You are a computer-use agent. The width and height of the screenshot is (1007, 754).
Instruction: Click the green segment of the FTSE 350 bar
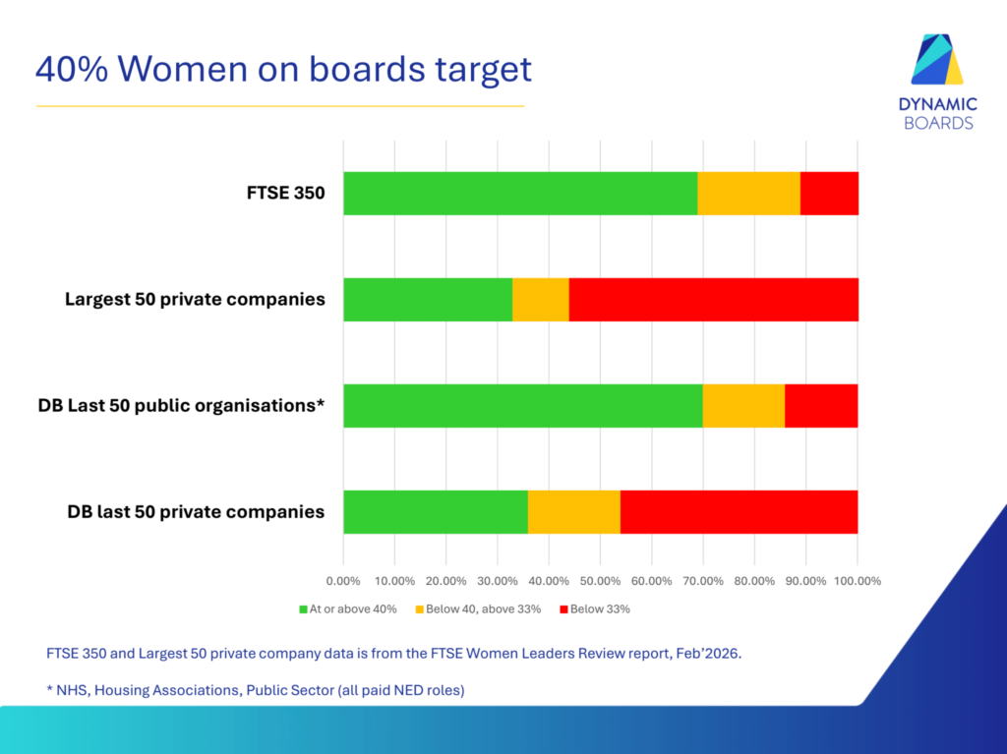(520, 193)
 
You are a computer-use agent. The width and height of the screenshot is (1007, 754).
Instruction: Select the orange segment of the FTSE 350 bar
(748, 193)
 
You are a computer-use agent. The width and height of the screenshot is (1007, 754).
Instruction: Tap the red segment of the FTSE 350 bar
(829, 193)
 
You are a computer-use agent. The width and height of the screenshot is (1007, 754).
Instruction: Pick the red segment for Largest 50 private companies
(713, 299)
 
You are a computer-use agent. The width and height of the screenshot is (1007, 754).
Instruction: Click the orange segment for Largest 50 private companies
(541, 299)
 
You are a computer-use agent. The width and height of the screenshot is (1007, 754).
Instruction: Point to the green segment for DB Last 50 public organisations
(523, 406)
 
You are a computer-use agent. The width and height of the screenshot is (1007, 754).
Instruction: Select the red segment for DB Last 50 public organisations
(821, 406)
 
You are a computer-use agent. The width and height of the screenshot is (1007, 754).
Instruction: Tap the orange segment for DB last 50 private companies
(574, 512)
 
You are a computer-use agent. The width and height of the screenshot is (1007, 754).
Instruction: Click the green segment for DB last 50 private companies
(436, 512)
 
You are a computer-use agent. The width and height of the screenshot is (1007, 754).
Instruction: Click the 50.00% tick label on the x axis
(600, 581)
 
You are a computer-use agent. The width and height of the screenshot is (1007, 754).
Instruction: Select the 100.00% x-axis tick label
(857, 581)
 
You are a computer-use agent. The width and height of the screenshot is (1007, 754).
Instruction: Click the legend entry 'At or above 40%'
(347, 609)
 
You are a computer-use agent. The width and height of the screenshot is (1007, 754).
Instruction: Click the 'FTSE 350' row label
(285, 193)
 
